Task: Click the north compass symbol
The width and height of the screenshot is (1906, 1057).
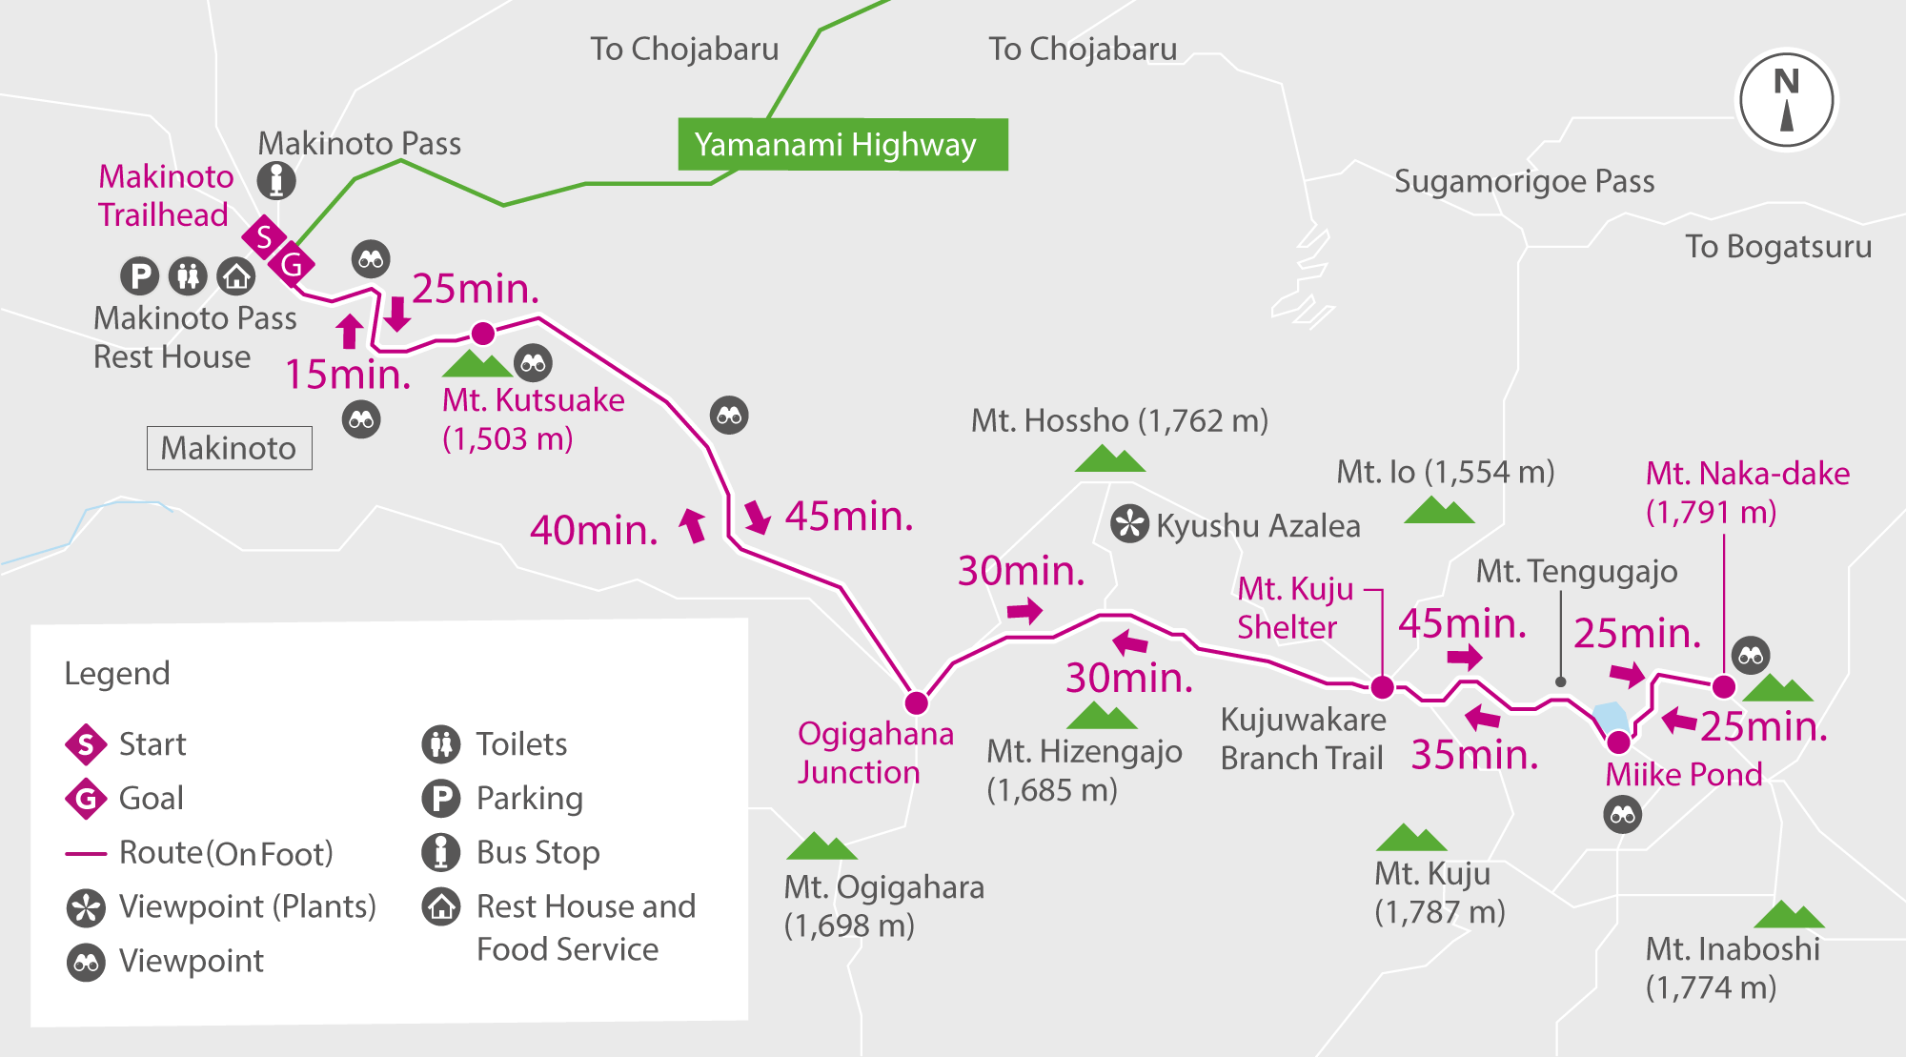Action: [1787, 99]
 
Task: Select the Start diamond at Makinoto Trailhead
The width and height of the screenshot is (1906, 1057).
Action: [264, 236]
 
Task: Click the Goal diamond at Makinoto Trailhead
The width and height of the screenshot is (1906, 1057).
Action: [292, 264]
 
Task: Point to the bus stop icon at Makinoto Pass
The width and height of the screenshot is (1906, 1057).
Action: [276, 180]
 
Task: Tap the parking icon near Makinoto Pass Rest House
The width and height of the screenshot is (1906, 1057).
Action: [139, 276]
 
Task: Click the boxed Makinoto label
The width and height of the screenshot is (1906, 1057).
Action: [229, 448]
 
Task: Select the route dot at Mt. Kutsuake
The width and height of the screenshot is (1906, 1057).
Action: [483, 334]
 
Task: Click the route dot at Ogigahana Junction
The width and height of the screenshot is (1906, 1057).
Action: [916, 702]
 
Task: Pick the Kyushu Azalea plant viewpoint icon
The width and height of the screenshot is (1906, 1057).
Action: [1129, 524]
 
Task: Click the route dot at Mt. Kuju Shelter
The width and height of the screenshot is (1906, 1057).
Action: [1382, 686]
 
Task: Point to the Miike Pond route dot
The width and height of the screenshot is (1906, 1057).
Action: [1618, 742]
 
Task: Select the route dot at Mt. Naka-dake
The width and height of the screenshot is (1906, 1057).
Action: [1723, 686]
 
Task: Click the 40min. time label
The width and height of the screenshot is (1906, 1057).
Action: [594, 530]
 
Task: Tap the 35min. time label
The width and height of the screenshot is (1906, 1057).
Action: [1474, 755]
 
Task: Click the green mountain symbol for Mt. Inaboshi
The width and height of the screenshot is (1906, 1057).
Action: [1789, 915]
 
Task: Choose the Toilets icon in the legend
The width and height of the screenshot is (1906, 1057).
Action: [440, 743]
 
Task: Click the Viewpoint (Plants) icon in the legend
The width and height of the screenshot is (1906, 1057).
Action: [86, 907]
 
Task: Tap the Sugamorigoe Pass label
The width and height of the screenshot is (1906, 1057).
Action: [1524, 181]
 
